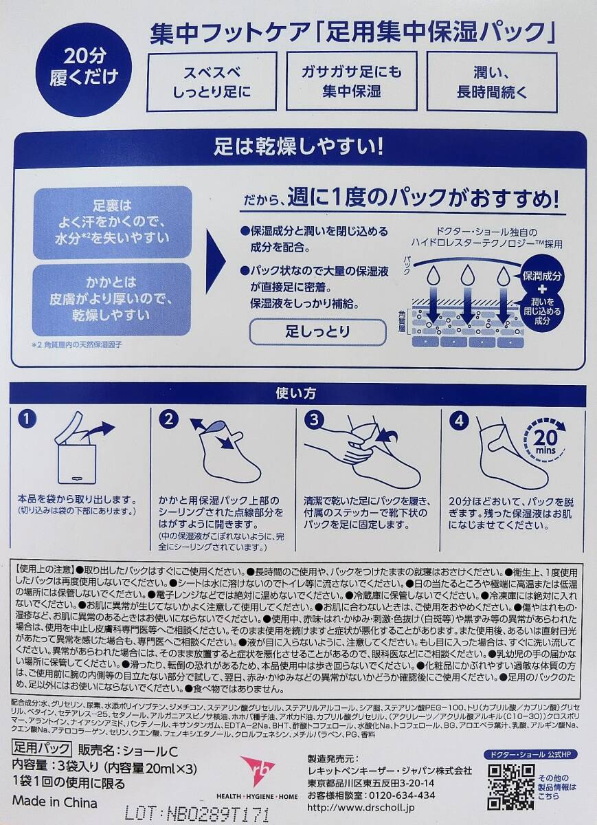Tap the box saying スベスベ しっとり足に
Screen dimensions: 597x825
(212, 81)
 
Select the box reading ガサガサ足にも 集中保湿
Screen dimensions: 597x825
(352, 81)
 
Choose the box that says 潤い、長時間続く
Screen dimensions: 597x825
(492, 82)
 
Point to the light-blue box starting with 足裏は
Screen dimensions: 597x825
(112, 222)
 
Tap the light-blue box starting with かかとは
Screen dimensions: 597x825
(112, 299)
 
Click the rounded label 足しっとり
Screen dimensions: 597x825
(318, 332)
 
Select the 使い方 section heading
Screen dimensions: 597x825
(296, 393)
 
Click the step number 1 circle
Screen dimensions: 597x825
(27, 419)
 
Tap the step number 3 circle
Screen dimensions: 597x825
(314, 419)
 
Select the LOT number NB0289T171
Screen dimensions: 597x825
(196, 813)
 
